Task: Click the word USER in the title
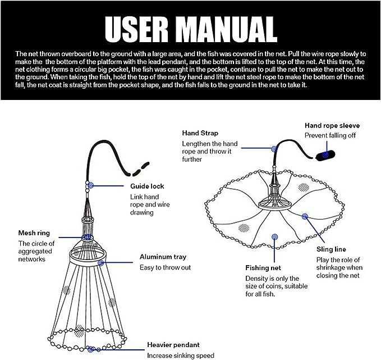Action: pos(136,30)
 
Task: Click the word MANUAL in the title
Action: pos(228,30)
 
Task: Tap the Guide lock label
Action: pos(147,186)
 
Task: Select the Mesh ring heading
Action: pos(34,233)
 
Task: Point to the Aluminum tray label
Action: pos(163,257)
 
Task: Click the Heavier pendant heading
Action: pos(173,345)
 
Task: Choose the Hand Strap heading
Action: pos(200,133)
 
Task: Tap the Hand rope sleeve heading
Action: pos(332,125)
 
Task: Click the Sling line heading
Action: pos(331,249)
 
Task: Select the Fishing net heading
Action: pos(263,268)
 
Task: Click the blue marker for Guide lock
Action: pos(91,185)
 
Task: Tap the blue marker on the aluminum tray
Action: pos(100,263)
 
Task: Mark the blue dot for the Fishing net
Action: pos(274,237)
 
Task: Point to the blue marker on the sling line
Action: pos(305,216)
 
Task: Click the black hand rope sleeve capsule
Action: pos(325,155)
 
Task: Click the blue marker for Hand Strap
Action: pos(274,149)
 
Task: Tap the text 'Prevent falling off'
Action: pos(330,135)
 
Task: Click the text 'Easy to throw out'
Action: pos(165,267)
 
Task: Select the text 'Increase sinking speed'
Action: pos(181,356)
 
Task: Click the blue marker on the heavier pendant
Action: pos(91,349)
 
